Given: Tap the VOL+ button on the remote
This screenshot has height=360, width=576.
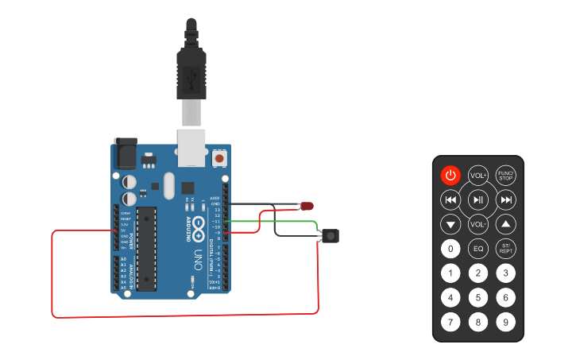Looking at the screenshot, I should click(478, 175).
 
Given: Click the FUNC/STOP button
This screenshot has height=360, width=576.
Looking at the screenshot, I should click(505, 175).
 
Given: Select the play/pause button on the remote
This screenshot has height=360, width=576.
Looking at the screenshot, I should click(478, 199).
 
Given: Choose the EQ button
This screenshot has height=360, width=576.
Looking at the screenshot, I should click(478, 249).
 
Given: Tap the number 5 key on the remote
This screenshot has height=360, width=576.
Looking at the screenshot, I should click(478, 298).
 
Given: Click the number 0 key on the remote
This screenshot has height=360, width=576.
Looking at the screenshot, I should click(450, 249).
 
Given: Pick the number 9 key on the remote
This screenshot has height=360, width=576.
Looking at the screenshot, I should click(505, 323).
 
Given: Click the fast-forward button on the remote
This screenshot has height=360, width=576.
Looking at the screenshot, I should click(505, 199).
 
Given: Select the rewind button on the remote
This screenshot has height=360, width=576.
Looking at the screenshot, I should click(450, 199).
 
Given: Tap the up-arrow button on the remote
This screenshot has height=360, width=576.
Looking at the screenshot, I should click(505, 224).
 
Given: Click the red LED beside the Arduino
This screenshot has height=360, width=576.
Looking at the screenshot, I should click(306, 207).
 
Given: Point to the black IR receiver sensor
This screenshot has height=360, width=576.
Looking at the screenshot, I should click(331, 236).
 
